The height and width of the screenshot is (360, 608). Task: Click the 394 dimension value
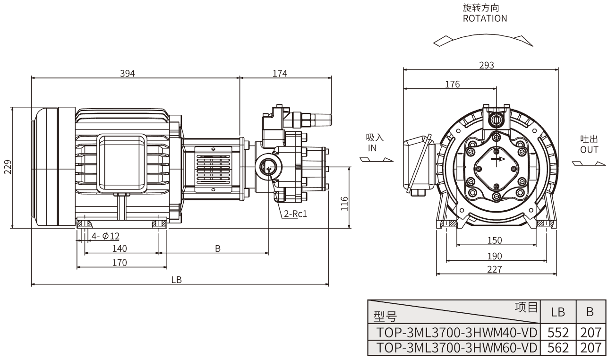coord(128,73)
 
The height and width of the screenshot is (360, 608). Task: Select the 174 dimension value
coord(280,73)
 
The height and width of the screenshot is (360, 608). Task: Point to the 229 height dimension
coord(7,167)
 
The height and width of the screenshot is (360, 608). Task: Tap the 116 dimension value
coord(344,204)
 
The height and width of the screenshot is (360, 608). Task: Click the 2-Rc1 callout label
coord(296,214)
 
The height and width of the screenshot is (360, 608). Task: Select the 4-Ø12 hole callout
coord(105,236)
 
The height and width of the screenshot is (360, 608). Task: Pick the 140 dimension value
coord(120,249)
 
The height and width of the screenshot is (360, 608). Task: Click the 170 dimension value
coord(120,263)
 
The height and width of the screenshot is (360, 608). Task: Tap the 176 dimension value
coord(452,84)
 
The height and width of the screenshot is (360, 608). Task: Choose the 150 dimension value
coord(494,240)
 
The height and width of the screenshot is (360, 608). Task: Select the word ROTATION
coord(485,18)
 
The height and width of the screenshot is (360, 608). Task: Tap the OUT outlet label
coord(589,150)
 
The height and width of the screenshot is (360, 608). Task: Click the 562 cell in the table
coord(558,348)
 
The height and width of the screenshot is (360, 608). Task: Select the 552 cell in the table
coord(558,332)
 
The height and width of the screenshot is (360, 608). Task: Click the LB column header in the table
coord(558,312)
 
